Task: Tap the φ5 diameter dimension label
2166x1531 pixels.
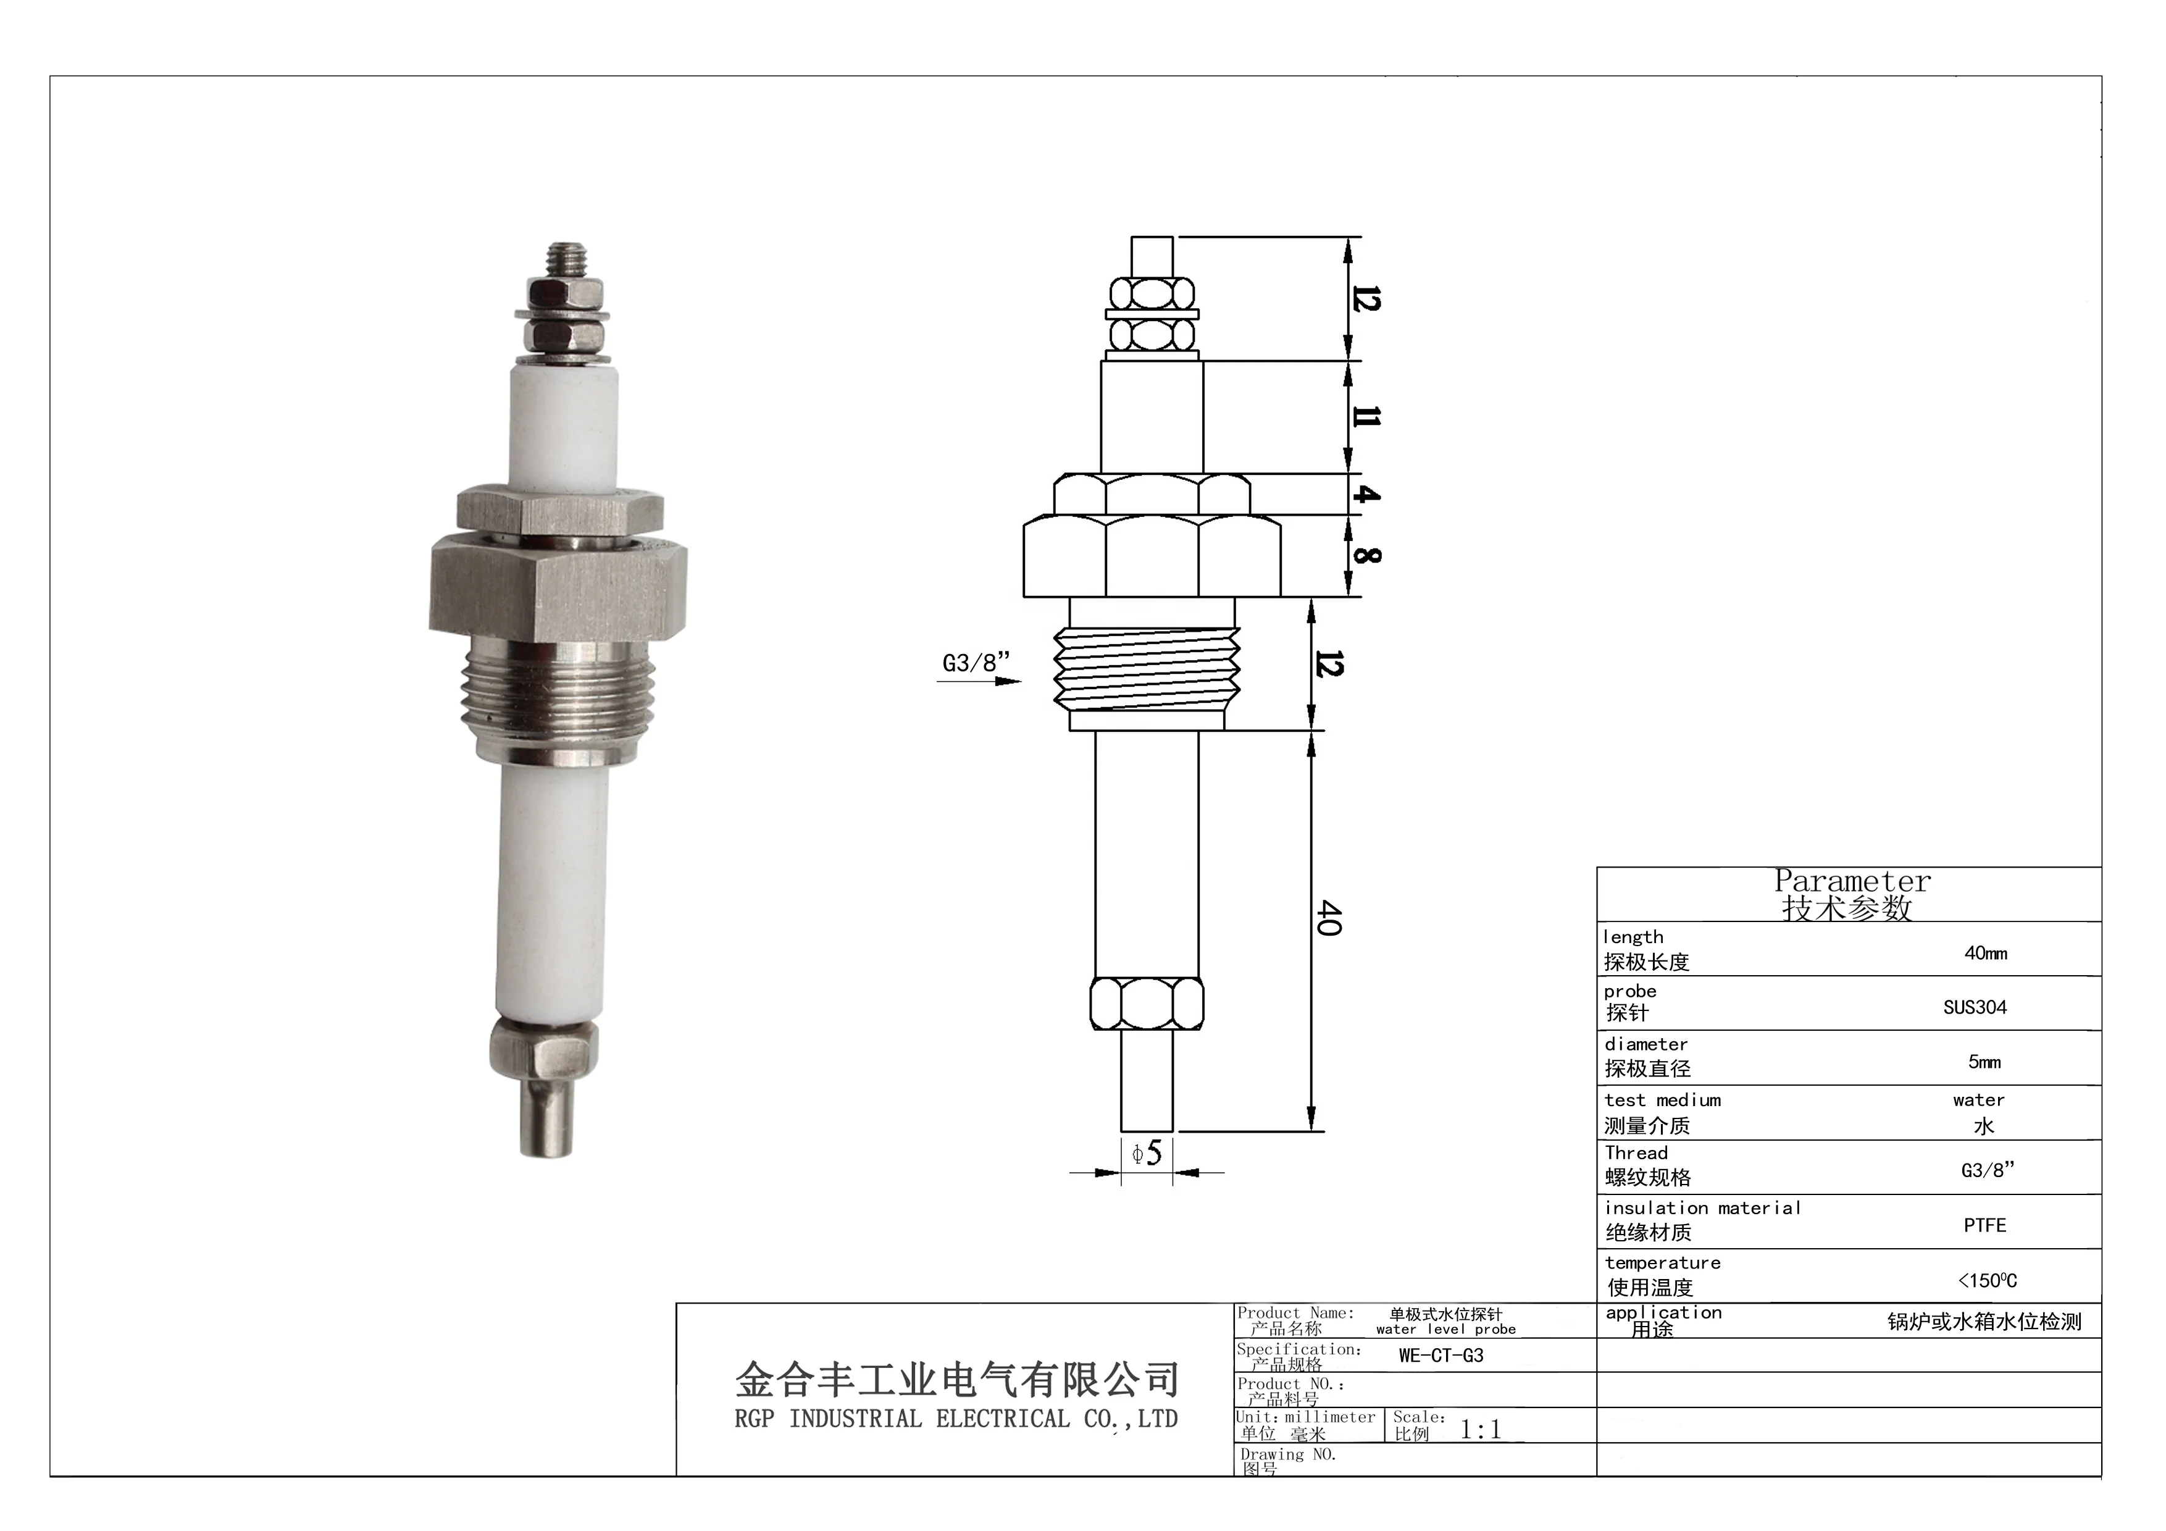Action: (x=1147, y=1153)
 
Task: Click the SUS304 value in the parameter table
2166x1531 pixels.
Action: (x=1975, y=1007)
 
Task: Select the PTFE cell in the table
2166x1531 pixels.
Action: (x=1984, y=1225)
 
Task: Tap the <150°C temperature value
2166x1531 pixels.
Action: (x=1987, y=1280)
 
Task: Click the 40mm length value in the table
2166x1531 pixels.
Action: (x=1985, y=954)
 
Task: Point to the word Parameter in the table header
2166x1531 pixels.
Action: (x=1852, y=881)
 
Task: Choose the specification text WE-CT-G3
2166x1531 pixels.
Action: (x=1441, y=1356)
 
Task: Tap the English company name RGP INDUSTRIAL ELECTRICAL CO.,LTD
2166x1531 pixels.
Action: (x=956, y=1419)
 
